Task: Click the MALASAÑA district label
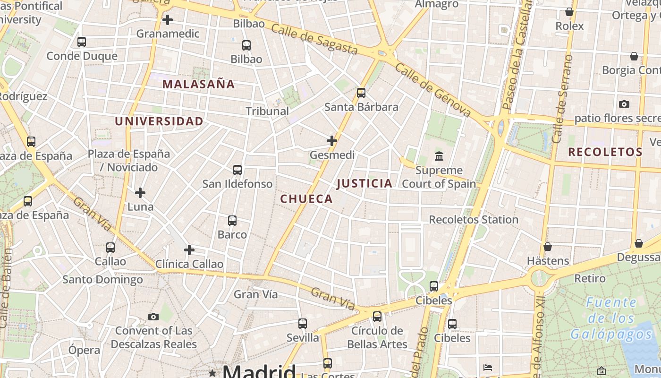(x=198, y=85)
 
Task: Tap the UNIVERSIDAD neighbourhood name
(x=159, y=121)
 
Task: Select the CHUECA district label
(x=307, y=199)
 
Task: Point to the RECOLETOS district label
(x=605, y=152)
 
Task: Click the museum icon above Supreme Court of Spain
(x=439, y=155)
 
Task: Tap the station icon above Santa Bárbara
(x=361, y=93)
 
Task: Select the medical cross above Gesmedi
(x=332, y=140)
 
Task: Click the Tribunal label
(x=267, y=111)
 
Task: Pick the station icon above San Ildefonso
(x=237, y=170)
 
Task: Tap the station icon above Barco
(x=232, y=220)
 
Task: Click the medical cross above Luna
(x=140, y=193)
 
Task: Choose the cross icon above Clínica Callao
(x=189, y=249)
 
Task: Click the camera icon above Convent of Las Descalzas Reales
(x=153, y=317)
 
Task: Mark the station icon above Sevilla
(x=303, y=324)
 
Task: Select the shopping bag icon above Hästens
(x=548, y=247)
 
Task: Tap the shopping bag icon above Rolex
(x=569, y=12)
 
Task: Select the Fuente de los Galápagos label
(x=611, y=318)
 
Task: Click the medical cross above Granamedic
(x=168, y=20)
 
